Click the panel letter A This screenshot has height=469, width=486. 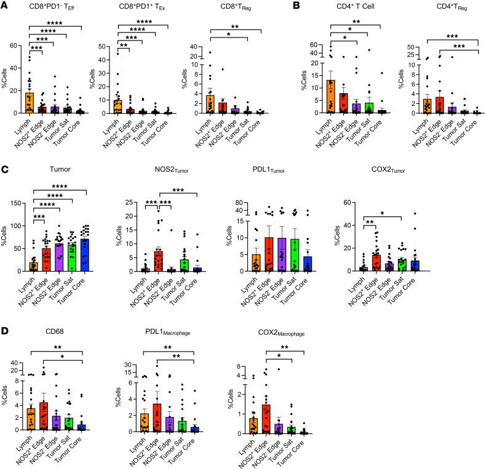5,5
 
